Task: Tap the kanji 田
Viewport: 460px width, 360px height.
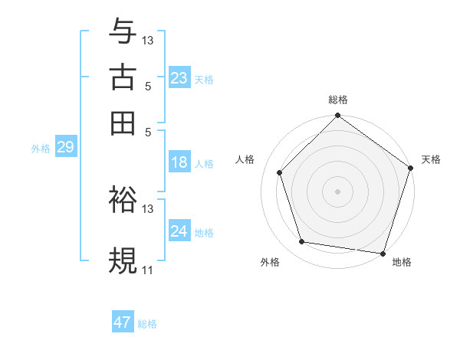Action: (x=123, y=122)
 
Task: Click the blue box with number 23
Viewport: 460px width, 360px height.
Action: (x=179, y=78)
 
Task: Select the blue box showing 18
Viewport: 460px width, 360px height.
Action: (x=179, y=162)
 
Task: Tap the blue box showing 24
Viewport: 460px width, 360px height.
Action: (x=179, y=231)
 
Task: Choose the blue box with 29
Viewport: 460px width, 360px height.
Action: (x=65, y=148)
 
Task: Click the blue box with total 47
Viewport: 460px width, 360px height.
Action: (x=123, y=322)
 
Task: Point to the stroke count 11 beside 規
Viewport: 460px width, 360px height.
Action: (x=149, y=270)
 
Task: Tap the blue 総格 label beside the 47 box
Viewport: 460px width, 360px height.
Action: (x=148, y=324)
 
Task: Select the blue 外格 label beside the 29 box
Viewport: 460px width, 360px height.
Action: (x=41, y=149)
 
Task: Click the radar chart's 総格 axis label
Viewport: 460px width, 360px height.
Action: (x=338, y=100)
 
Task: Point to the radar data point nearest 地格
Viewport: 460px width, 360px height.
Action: (x=383, y=253)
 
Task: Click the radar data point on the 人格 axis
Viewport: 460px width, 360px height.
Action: (x=279, y=172)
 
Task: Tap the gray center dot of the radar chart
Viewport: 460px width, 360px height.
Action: (x=338, y=191)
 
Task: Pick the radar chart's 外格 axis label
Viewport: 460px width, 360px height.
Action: (x=270, y=263)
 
